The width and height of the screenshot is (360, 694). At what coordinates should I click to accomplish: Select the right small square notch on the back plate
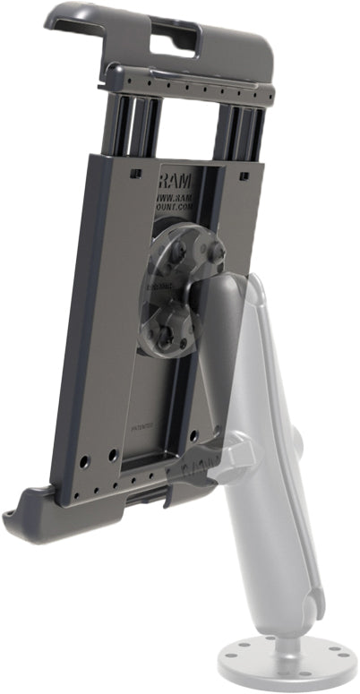244,177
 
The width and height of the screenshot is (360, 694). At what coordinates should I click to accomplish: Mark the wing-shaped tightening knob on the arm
235,457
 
